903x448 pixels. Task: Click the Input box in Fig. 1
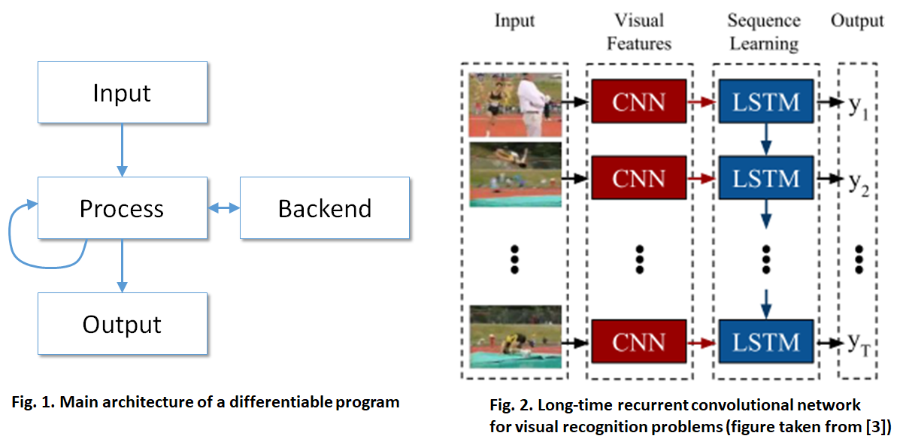pyautogui.click(x=123, y=92)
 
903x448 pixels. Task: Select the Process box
pyautogui.click(x=123, y=208)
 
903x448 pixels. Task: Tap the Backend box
pyautogui.click(x=325, y=208)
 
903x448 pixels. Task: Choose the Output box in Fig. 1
pyautogui.click(x=123, y=323)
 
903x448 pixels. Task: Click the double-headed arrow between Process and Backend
pyautogui.click(x=224, y=208)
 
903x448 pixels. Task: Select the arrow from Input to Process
pyautogui.click(x=122, y=150)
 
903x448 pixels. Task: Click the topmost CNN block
pyautogui.click(x=639, y=101)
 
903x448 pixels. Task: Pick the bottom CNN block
pyautogui.click(x=639, y=342)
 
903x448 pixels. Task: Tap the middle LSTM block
pyautogui.click(x=766, y=177)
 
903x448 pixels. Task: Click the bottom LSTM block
pyautogui.click(x=766, y=342)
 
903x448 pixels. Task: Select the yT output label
pyautogui.click(x=859, y=345)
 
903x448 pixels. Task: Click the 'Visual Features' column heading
pyautogui.click(x=639, y=32)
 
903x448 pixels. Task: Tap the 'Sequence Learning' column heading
pyautogui.click(x=765, y=32)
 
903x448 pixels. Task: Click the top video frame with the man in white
pyautogui.click(x=515, y=104)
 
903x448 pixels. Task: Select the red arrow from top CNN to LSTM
pyautogui.click(x=701, y=102)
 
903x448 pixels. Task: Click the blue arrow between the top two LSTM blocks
pyautogui.click(x=766, y=139)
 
